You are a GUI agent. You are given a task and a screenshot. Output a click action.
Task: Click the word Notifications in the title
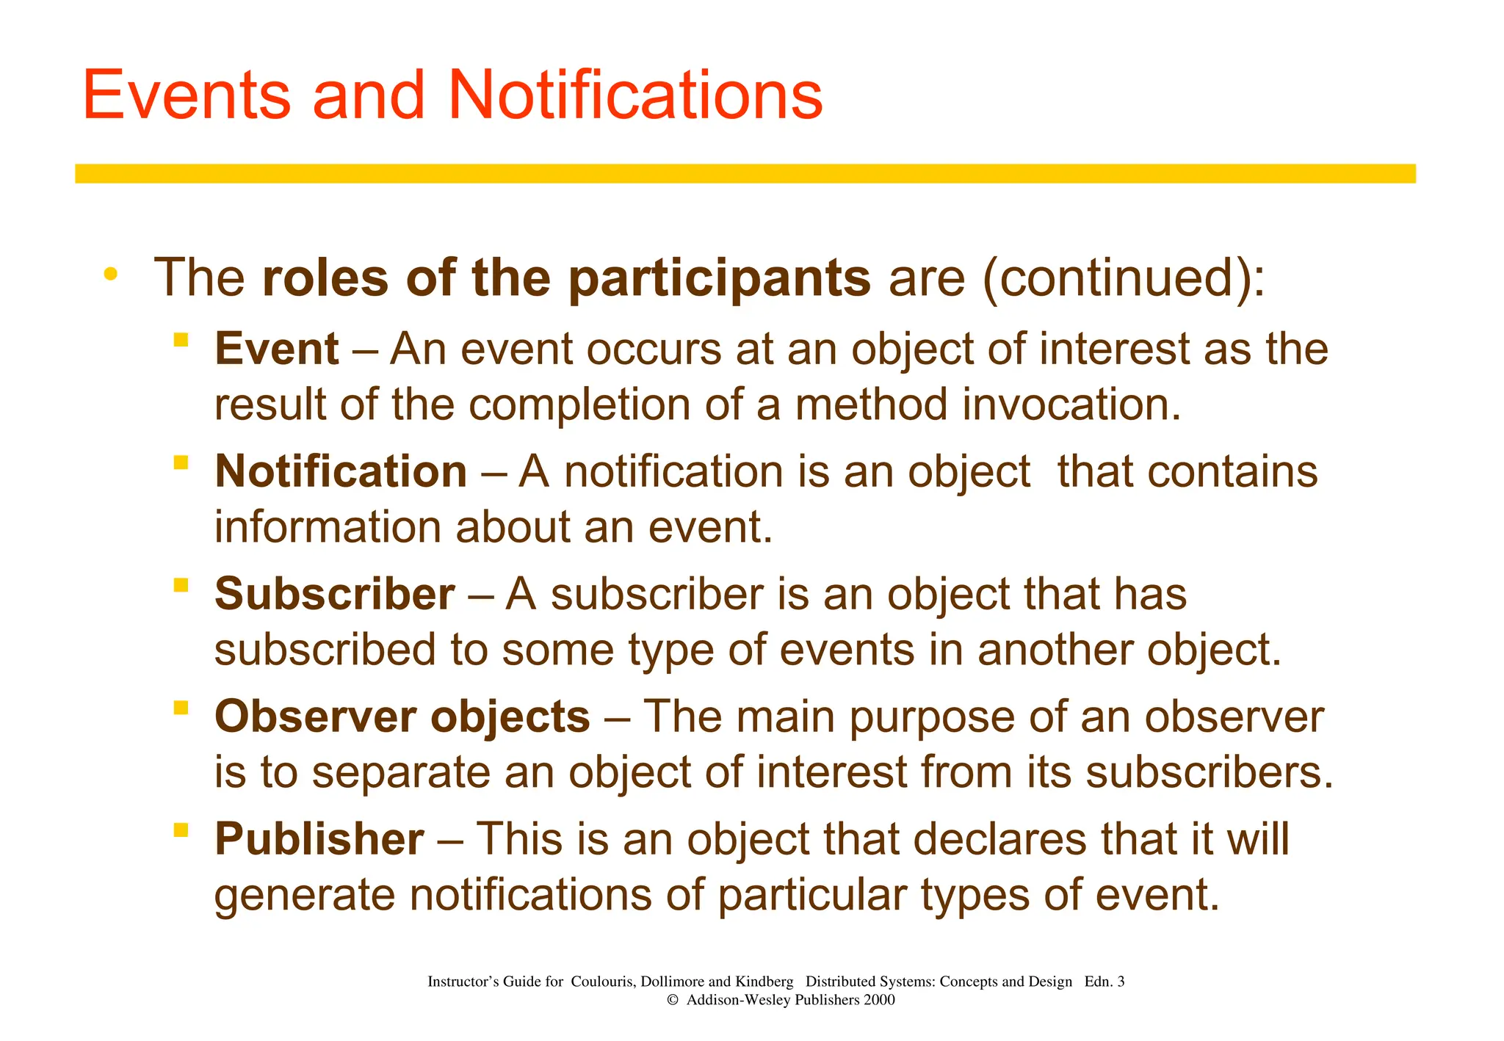point(634,95)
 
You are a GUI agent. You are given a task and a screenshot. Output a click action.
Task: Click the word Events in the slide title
point(187,95)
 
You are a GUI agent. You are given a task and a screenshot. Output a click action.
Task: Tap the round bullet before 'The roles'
point(111,275)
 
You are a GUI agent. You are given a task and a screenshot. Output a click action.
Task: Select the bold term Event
point(277,349)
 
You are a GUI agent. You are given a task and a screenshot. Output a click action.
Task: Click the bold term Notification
point(341,471)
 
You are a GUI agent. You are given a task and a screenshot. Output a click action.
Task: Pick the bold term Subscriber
point(334,594)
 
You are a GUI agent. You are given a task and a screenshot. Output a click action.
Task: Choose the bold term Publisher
point(319,839)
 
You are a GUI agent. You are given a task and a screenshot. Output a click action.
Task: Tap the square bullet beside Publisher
point(181,830)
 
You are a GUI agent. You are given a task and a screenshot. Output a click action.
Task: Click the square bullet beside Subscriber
point(181,585)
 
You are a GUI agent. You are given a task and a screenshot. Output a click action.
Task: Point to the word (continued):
point(1124,279)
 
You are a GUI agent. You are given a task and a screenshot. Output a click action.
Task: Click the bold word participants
point(720,279)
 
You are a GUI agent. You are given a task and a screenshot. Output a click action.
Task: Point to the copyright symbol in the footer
point(672,1000)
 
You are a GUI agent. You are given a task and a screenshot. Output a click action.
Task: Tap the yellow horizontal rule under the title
point(745,173)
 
